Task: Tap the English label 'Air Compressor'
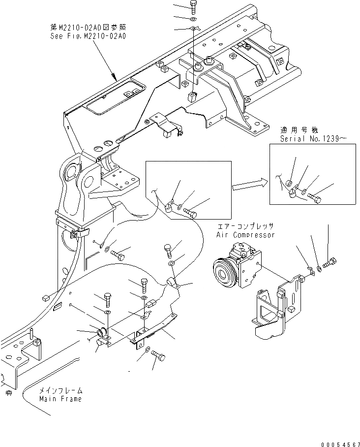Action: pyautogui.click(x=245, y=234)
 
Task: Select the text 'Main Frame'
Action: pyautogui.click(x=61, y=398)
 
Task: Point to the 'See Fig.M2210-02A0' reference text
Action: pyautogui.click(x=88, y=36)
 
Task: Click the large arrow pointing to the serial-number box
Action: pyautogui.click(x=249, y=185)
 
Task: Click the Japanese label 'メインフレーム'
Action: pyautogui.click(x=60, y=390)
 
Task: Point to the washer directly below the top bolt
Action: pyautogui.click(x=193, y=19)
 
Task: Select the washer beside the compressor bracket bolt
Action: pyautogui.click(x=320, y=268)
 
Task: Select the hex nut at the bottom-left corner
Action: pyautogui.click(x=8, y=392)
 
